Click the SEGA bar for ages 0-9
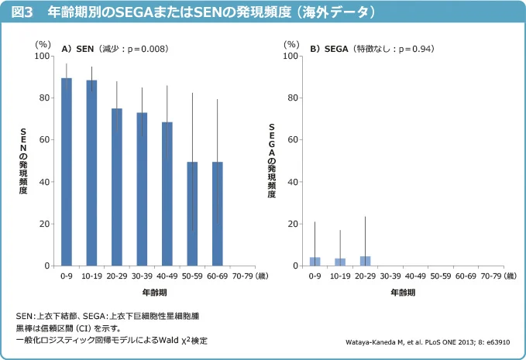(x=315, y=262)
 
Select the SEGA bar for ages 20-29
(x=366, y=261)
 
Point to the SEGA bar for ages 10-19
(x=340, y=262)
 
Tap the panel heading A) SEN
(x=78, y=49)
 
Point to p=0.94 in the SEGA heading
(x=413, y=49)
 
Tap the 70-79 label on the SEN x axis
(x=242, y=276)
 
